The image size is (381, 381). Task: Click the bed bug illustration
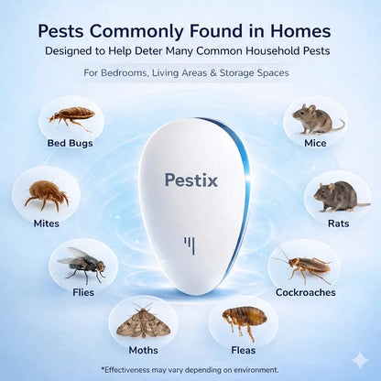[x=71, y=116]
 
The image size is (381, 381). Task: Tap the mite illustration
[x=46, y=192]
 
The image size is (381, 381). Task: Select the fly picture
[x=82, y=263]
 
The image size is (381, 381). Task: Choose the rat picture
[x=338, y=194]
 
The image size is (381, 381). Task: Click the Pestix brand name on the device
[x=190, y=180]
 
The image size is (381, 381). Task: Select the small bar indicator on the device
[x=190, y=245]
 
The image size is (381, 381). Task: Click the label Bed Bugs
[x=71, y=143]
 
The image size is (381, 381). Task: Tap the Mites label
[x=46, y=223]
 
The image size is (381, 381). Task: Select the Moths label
[x=143, y=349]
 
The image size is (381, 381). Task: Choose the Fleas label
[x=243, y=349]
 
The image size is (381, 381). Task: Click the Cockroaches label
[x=305, y=293]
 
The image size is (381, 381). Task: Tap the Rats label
[x=338, y=223]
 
